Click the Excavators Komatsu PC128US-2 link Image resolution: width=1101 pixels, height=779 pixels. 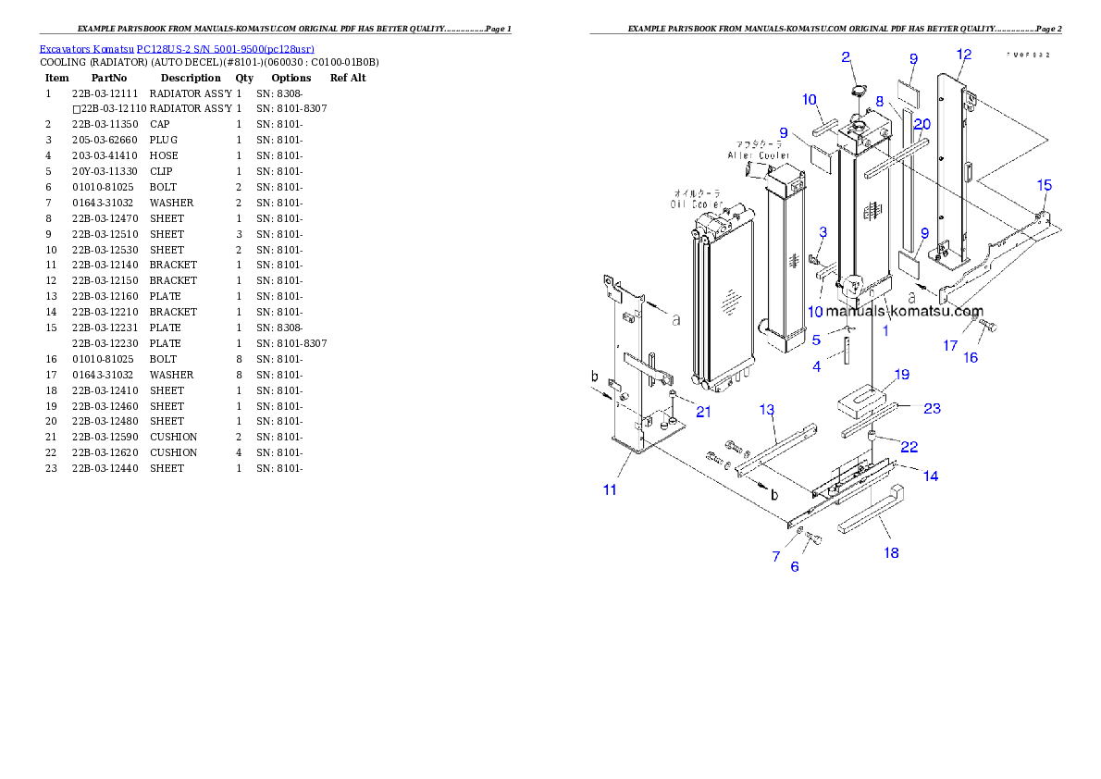(x=176, y=48)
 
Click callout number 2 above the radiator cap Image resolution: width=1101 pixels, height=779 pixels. (x=846, y=57)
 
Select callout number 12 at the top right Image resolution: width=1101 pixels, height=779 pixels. (x=964, y=55)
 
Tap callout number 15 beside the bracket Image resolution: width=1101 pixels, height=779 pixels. (x=1044, y=186)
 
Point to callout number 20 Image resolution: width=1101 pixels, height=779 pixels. (x=922, y=124)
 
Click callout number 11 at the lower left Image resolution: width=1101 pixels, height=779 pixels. (x=610, y=489)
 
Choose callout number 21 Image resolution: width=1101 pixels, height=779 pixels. (x=703, y=412)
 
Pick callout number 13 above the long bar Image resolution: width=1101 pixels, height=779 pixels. (x=767, y=410)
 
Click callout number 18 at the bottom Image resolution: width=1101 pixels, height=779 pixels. (x=891, y=553)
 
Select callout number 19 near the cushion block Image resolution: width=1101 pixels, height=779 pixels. (x=901, y=375)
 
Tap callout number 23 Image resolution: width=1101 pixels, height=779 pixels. (x=932, y=408)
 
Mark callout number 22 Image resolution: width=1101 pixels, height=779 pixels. (x=909, y=447)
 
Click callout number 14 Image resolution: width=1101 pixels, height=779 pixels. (x=930, y=476)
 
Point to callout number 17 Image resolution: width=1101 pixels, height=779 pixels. (x=950, y=346)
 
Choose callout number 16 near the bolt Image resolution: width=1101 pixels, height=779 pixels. (x=971, y=358)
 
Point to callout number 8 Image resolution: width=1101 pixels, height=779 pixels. (x=880, y=101)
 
